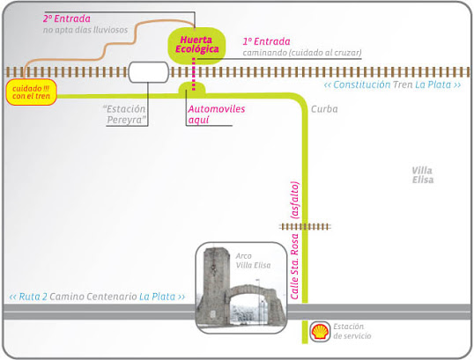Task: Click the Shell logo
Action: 320,332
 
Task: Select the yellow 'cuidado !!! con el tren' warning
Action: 32,92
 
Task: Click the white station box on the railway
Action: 148,72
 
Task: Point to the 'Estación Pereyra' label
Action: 124,114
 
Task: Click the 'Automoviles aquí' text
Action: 217,114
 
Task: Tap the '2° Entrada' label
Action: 66,18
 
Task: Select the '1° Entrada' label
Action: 266,41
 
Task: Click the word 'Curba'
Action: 324,109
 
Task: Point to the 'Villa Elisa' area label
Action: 423,175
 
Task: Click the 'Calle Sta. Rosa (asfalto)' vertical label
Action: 295,240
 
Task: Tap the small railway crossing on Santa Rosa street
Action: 305,226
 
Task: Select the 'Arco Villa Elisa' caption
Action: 253,261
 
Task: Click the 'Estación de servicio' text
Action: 352,331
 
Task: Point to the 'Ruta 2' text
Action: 33,297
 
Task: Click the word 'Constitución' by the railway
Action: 362,84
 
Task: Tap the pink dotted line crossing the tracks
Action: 194,75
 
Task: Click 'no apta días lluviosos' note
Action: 85,30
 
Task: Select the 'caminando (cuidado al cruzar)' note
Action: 302,53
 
